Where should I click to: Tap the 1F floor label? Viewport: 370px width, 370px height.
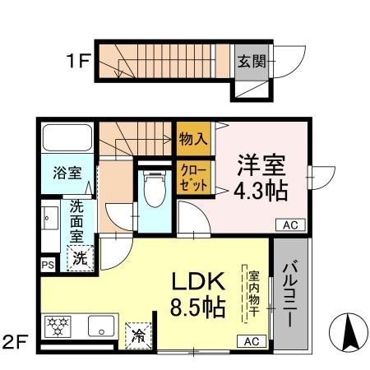tap(78, 60)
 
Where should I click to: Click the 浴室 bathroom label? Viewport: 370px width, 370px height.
tap(67, 173)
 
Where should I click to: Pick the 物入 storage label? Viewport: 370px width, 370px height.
tap(193, 139)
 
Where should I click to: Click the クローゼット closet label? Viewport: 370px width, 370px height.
tap(194, 178)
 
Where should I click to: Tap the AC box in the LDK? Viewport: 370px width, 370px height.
tap(251, 341)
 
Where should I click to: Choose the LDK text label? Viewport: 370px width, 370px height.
tap(197, 281)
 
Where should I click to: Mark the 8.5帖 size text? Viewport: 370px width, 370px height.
tap(197, 310)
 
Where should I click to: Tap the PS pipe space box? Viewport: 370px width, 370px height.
tap(48, 265)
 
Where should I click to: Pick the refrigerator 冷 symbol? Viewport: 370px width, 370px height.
tap(137, 335)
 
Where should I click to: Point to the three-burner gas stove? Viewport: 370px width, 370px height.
tap(58, 327)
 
